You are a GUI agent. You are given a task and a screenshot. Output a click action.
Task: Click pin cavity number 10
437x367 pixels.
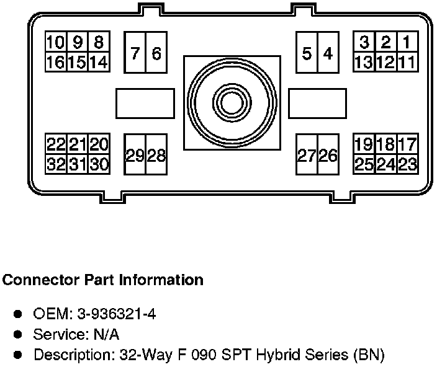[x=56, y=43]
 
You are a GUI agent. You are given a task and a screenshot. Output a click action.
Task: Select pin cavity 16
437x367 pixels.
[x=56, y=62]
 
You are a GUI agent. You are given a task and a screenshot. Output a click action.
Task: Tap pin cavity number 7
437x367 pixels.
[x=135, y=53]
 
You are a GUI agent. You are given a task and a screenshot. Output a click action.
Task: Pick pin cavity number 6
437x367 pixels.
[x=156, y=53]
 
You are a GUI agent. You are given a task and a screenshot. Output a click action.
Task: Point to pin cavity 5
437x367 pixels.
[x=307, y=53]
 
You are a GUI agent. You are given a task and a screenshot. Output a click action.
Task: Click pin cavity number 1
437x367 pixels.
[x=406, y=43]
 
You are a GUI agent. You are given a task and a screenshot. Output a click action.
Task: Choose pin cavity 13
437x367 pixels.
[x=364, y=62]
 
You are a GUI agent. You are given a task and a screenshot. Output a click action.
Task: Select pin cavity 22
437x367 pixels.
[x=56, y=144]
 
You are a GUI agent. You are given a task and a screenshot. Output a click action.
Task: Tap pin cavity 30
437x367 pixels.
[x=99, y=164]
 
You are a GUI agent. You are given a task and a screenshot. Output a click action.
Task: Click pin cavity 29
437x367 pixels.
[x=135, y=156]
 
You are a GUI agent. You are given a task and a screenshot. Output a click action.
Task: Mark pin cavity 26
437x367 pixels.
[x=328, y=156]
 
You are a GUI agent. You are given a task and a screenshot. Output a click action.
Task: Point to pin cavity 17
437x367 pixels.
[x=407, y=144]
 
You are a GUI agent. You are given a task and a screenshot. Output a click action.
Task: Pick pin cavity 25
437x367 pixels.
[x=364, y=164]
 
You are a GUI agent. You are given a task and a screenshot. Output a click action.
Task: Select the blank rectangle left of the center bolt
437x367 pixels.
[x=145, y=103]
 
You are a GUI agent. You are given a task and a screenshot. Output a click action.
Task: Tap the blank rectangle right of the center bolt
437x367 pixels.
[x=317, y=103]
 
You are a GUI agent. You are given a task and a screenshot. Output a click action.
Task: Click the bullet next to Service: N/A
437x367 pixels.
[x=19, y=335]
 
